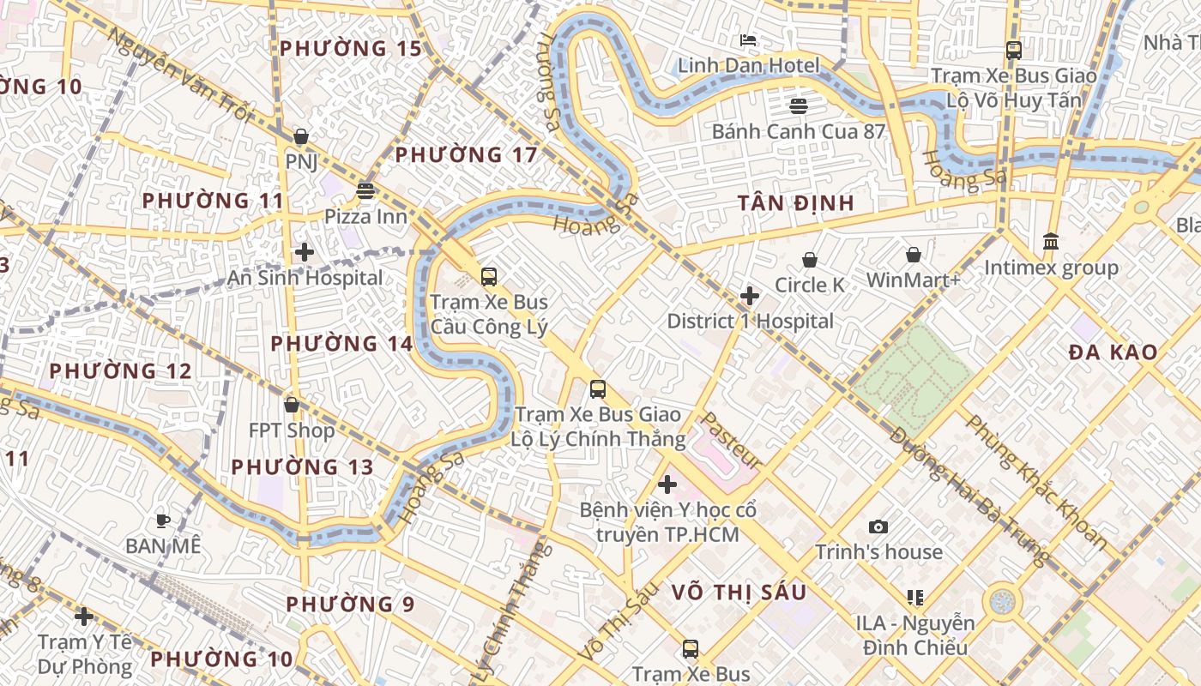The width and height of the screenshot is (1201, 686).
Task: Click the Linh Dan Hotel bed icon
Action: tap(748, 40)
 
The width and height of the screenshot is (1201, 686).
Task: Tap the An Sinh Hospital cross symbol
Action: tap(304, 252)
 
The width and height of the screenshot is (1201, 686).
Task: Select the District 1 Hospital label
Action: tap(750, 322)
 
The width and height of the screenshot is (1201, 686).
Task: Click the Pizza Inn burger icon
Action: tap(365, 190)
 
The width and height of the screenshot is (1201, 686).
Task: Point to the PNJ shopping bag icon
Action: tap(301, 136)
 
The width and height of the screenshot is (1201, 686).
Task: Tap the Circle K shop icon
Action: tap(809, 260)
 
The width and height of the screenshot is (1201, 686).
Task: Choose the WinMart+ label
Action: tap(914, 280)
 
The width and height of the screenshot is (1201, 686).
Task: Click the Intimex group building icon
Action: tap(1051, 242)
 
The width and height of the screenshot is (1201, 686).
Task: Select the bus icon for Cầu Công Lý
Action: tap(488, 277)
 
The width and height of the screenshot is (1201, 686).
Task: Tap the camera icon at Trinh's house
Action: tap(878, 527)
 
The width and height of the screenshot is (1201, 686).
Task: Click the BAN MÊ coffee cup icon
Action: tap(162, 520)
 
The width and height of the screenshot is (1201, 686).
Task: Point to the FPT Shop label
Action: tap(292, 430)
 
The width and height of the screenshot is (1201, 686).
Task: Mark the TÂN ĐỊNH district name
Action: tap(796, 203)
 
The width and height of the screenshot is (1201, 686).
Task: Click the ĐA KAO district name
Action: tap(1113, 352)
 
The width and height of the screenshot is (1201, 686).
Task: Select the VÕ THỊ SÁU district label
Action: tap(739, 593)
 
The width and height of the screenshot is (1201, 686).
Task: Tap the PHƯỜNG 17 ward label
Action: tap(466, 155)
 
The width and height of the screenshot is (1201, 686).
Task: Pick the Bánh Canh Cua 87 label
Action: tap(798, 132)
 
